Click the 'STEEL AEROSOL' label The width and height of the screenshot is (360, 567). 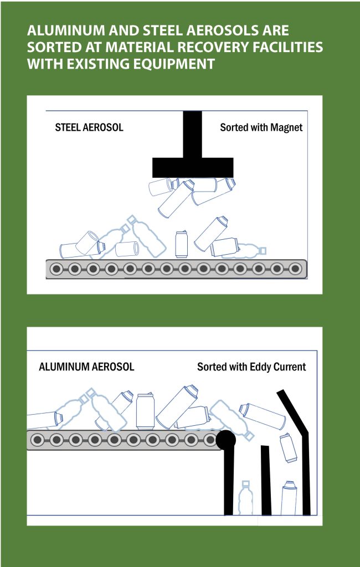click(89, 128)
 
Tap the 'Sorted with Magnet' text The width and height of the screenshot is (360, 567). click(261, 128)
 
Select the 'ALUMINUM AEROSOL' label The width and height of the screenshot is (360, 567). click(86, 367)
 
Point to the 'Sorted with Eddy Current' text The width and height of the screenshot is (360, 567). click(251, 367)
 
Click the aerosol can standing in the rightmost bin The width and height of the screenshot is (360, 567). click(289, 498)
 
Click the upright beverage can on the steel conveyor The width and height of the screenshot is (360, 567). click(181, 244)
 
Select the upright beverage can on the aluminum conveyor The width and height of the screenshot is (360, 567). click(145, 411)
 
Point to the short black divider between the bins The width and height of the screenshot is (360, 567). click(265, 480)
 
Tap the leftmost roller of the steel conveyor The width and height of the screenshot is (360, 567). click(56, 269)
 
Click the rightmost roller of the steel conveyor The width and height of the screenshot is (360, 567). click(295, 269)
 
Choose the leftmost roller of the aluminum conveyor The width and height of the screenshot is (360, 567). click(38, 440)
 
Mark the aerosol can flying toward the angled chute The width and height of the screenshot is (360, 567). click(262, 416)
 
